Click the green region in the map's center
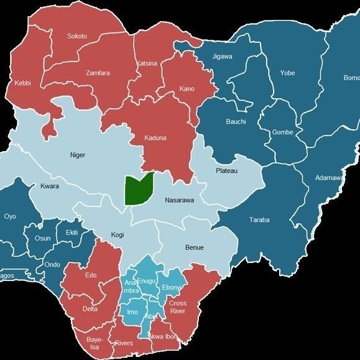pos(138,189)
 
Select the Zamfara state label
pos(98,73)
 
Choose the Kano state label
pos(187,89)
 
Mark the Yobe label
pos(287,73)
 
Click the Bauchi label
pos(236,121)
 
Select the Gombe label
pos(282,132)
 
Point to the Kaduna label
pos(156,137)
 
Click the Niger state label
pos(78,155)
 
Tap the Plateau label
pos(226,170)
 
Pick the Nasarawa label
pos(180,201)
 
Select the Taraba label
pos(259,220)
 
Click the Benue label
pos(194,247)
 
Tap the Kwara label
pos(50,186)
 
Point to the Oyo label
pos(10,216)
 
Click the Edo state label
pos(91,275)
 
